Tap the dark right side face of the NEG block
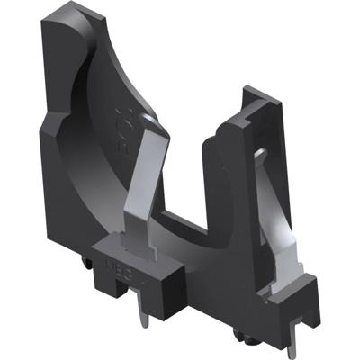click(x=167, y=270)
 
